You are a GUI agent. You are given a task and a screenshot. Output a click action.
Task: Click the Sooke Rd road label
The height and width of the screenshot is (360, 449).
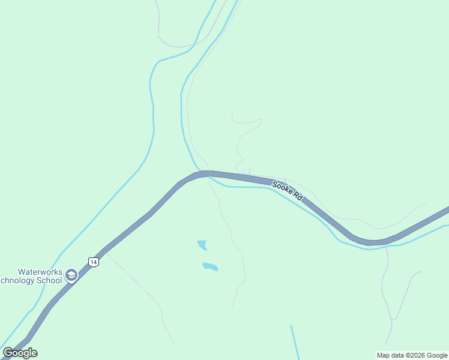[288, 190]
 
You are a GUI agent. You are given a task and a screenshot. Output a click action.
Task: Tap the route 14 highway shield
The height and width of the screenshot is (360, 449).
[93, 262]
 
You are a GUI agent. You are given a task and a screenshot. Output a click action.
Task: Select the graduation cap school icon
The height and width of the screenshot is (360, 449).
[71, 275]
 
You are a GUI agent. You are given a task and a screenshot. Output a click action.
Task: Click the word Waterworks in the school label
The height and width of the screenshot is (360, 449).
[40, 272]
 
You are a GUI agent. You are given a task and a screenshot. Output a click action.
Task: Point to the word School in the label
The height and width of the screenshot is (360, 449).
[49, 280]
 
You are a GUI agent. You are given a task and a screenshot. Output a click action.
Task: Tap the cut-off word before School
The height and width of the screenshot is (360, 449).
[18, 280]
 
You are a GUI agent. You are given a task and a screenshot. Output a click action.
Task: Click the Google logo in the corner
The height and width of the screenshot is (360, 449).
[20, 353]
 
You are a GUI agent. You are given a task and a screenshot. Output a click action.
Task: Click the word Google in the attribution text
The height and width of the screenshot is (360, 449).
[438, 355]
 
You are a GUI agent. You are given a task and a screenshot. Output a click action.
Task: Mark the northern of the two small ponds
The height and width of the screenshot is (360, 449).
[202, 244]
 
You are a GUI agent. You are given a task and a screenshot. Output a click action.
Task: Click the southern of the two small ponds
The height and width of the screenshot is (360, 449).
[209, 266]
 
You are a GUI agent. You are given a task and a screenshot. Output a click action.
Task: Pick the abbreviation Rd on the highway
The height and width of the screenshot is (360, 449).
[297, 196]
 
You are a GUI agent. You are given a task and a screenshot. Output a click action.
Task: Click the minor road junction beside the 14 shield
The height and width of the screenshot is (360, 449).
[106, 253]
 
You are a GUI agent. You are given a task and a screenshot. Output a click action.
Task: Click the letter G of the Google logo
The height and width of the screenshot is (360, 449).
[8, 353]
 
